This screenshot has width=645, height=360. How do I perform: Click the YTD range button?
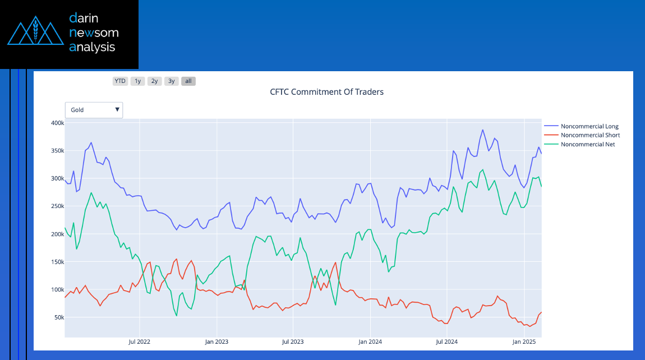pos(120,81)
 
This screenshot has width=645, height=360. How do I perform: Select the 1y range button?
pos(137,81)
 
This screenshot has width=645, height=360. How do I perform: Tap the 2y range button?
pos(154,81)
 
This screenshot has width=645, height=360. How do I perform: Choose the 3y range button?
pos(172,81)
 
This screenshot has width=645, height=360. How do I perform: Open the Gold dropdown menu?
pos(94,110)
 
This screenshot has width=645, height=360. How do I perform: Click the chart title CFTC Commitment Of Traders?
pos(326,91)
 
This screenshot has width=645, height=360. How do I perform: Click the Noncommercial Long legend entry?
pos(589,126)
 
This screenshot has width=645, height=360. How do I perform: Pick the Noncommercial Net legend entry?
pos(587,144)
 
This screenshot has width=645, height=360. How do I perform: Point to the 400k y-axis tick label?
pos(56,123)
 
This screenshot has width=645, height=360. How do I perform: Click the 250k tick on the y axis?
pos(56,206)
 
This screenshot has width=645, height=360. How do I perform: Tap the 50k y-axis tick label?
pos(58,317)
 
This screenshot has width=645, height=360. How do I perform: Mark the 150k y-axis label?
pos(56,262)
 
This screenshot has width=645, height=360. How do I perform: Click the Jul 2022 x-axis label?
pos(139,341)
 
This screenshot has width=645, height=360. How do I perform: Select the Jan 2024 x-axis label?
pos(370,341)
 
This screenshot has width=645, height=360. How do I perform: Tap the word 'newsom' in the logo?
pos(93,33)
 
